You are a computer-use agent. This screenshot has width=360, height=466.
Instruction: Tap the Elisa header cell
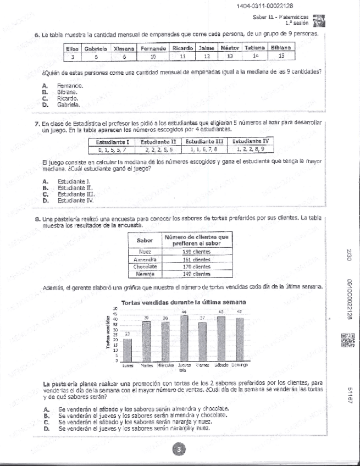tap(73, 48)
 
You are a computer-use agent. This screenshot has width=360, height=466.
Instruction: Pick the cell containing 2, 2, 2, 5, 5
tap(158, 149)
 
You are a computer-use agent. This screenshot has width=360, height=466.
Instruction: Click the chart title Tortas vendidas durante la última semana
tap(183, 302)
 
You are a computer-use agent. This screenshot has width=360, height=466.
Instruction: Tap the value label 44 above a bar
tap(185, 312)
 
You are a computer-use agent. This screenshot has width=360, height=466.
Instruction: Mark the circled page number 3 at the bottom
tap(179, 450)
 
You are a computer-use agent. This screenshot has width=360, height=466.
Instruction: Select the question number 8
tap(36, 219)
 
